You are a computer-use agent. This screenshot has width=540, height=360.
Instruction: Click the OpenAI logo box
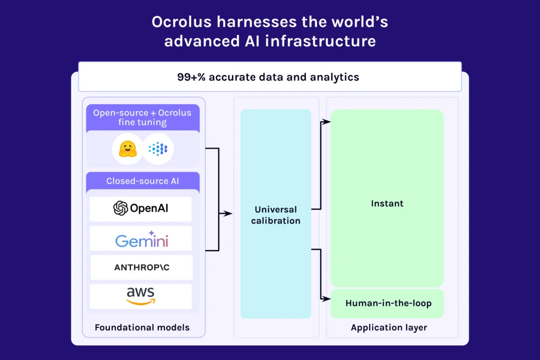(140, 209)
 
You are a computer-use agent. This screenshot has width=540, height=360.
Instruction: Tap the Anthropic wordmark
(141, 268)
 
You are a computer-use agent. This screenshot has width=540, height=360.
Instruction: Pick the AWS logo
(140, 296)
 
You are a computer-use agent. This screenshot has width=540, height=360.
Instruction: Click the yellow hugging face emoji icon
(128, 149)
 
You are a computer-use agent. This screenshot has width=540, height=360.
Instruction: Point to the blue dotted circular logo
(158, 149)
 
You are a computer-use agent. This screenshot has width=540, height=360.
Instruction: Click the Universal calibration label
(275, 215)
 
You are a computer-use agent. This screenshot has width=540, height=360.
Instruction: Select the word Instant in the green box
(387, 203)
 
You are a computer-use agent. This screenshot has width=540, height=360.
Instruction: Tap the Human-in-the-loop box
(388, 303)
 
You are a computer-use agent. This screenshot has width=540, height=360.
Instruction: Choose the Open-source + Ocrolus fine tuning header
(142, 118)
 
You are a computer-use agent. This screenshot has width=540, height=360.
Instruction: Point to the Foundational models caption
(142, 327)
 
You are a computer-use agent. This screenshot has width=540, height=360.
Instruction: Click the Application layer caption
(389, 327)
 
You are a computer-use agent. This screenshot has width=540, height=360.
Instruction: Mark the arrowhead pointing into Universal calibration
(228, 213)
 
